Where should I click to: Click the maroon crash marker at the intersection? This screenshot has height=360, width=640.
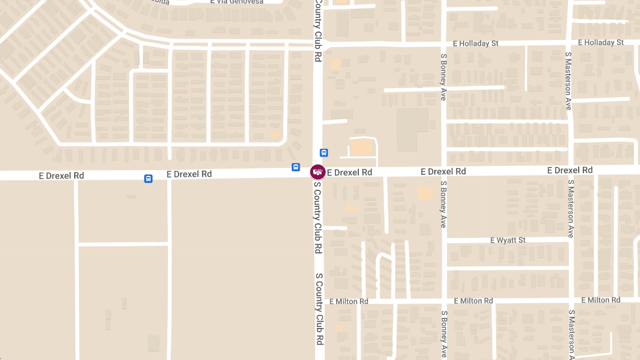tap(318, 172)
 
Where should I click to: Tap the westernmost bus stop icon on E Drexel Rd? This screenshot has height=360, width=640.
tap(148, 179)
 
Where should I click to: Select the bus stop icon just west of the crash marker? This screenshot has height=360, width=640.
tap(295, 167)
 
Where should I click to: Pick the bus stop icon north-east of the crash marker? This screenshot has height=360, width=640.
tap(324, 153)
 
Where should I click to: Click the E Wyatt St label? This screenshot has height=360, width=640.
tap(508, 241)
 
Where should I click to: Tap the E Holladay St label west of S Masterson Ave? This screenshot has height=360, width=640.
tap(475, 43)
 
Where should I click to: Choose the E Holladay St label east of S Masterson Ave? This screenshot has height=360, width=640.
tap(601, 42)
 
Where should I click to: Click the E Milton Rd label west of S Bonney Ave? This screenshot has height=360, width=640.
tap(349, 301)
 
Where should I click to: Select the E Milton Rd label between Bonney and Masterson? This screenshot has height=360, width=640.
tap(473, 301)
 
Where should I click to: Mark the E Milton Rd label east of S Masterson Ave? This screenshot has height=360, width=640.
tap(601, 300)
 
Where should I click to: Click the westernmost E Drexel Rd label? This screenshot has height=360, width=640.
tap(61, 175)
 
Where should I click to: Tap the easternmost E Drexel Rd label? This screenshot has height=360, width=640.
tap(570, 170)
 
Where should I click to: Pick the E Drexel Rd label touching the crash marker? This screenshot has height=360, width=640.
tap(349, 172)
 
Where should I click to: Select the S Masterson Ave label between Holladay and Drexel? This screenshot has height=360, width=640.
tap(569, 81)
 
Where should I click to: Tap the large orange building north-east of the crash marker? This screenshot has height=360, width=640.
tap(361, 147)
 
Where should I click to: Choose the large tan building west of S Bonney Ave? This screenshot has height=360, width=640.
tap(412, 130)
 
